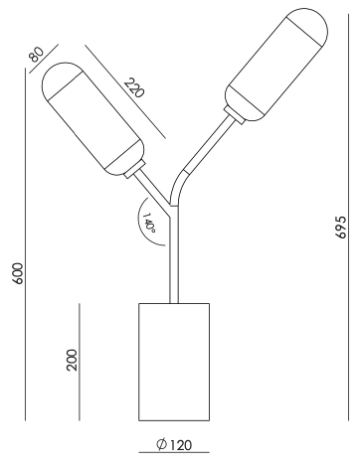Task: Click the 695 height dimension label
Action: (341, 227)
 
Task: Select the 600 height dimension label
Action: (17, 273)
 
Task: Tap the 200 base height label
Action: (72, 360)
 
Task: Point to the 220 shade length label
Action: (134, 88)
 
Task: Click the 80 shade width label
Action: (36, 55)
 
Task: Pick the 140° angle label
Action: (149, 223)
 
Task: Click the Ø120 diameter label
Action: (174, 445)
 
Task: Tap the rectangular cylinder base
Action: (174, 362)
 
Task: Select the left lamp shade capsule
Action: (93, 119)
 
